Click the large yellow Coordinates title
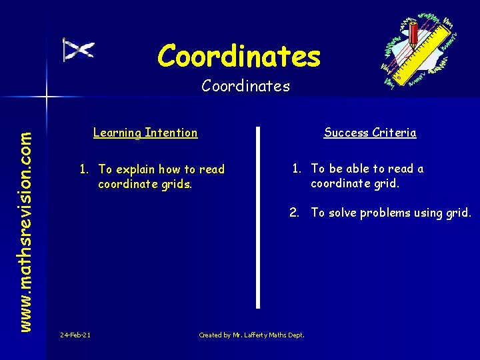[239, 56]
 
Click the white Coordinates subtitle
[245, 86]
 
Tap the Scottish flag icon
[78, 49]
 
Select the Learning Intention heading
[145, 133]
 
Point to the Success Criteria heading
[370, 133]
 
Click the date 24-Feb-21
[75, 335]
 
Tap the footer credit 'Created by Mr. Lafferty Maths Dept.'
[251, 335]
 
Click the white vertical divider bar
[259, 217]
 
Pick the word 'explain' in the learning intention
[140, 169]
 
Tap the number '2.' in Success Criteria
[294, 213]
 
